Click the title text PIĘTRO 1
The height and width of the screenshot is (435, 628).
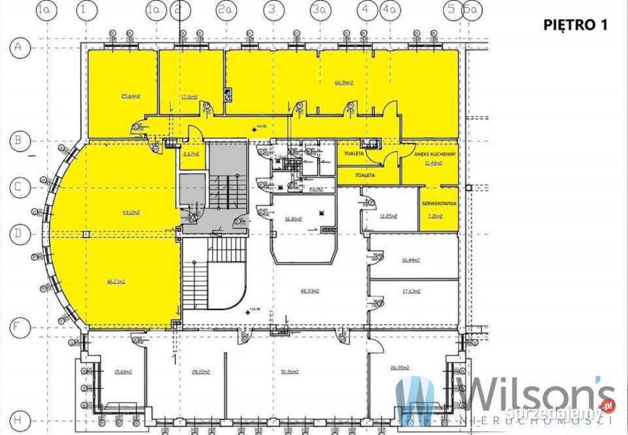[576, 25]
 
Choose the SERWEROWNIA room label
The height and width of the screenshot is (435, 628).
[439, 204]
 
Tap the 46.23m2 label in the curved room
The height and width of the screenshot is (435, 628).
[115, 282]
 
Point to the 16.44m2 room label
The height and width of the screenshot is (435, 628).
[411, 259]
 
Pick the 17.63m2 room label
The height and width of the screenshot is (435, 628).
[411, 291]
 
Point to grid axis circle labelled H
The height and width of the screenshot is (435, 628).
[20, 419]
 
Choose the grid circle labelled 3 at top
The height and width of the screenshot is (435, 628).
[272, 10]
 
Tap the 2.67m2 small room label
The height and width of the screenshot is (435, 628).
[191, 154]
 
